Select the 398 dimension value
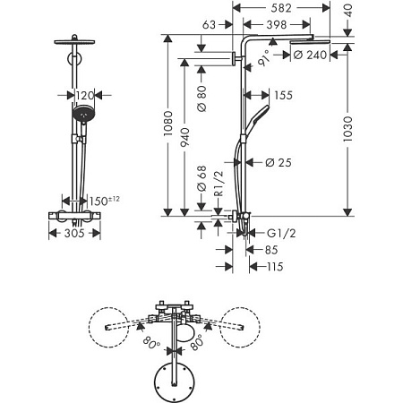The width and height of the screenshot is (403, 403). (x=284, y=27)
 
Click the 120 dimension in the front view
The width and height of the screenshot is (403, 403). (x=84, y=94)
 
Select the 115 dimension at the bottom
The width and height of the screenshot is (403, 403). (x=275, y=268)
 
